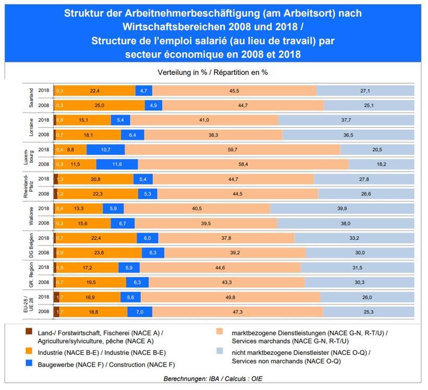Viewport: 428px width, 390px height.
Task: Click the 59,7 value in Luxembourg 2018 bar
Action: tap(232, 150)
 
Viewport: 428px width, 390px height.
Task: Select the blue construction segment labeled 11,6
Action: tap(116, 164)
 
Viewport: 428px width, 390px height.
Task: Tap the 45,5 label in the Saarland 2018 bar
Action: tap(235, 91)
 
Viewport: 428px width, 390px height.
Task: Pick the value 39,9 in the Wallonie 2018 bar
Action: tap(342, 208)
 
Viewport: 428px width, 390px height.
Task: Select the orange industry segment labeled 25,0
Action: tap(100, 106)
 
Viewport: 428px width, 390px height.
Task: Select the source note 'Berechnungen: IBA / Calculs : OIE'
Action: tap(213, 378)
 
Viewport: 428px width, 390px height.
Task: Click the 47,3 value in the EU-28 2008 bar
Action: tap(237, 312)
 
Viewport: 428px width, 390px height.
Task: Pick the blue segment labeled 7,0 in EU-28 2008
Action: tap(139, 312)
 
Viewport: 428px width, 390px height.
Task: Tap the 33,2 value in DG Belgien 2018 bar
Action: tap(353, 238)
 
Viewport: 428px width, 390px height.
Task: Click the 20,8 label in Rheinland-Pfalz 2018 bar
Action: tap(96, 179)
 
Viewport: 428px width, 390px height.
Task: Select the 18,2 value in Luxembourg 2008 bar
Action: tap(381, 164)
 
